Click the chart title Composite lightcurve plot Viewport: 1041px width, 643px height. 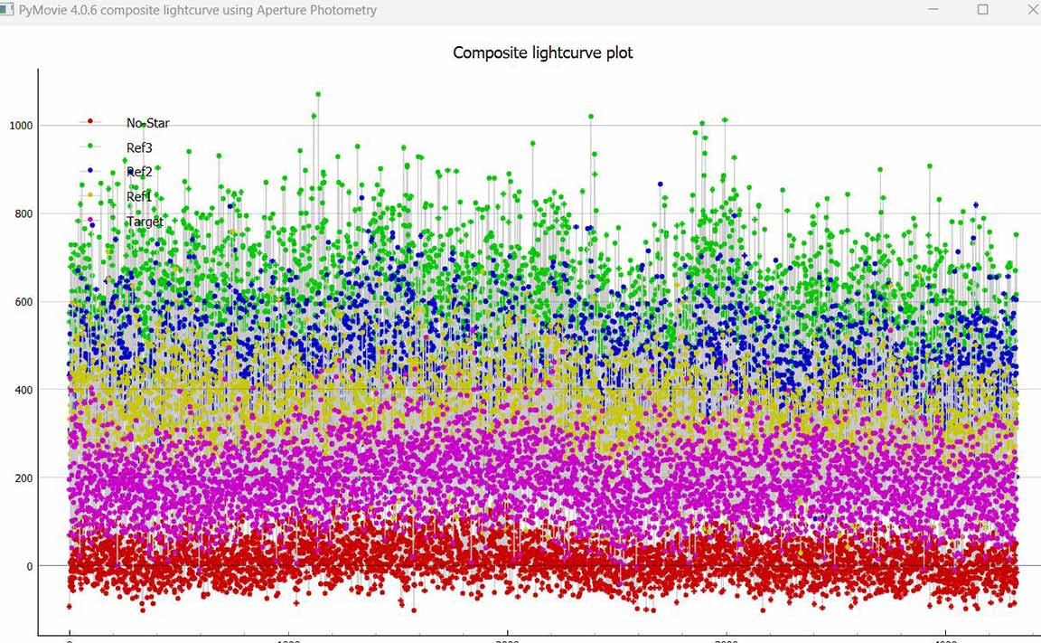click(542, 52)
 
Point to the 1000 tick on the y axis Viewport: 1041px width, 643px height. click(21, 125)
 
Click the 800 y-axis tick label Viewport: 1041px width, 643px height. click(23, 213)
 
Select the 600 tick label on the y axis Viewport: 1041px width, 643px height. click(23, 301)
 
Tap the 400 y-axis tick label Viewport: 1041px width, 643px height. click(23, 390)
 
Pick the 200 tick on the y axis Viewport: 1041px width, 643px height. click(23, 478)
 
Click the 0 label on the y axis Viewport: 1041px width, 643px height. click(30, 566)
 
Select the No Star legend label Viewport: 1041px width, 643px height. click(147, 123)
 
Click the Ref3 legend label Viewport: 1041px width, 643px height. click(139, 147)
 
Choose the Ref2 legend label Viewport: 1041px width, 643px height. click(139, 172)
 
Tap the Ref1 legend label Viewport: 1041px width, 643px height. click(139, 196)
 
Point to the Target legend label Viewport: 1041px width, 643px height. click(145, 221)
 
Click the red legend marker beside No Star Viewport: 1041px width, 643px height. click(90, 121)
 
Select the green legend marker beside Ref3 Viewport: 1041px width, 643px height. click(90, 146)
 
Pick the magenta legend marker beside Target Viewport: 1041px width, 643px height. click(90, 219)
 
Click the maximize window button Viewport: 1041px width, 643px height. click(983, 10)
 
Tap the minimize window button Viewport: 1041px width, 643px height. click(933, 10)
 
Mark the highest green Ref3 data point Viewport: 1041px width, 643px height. click(318, 94)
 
